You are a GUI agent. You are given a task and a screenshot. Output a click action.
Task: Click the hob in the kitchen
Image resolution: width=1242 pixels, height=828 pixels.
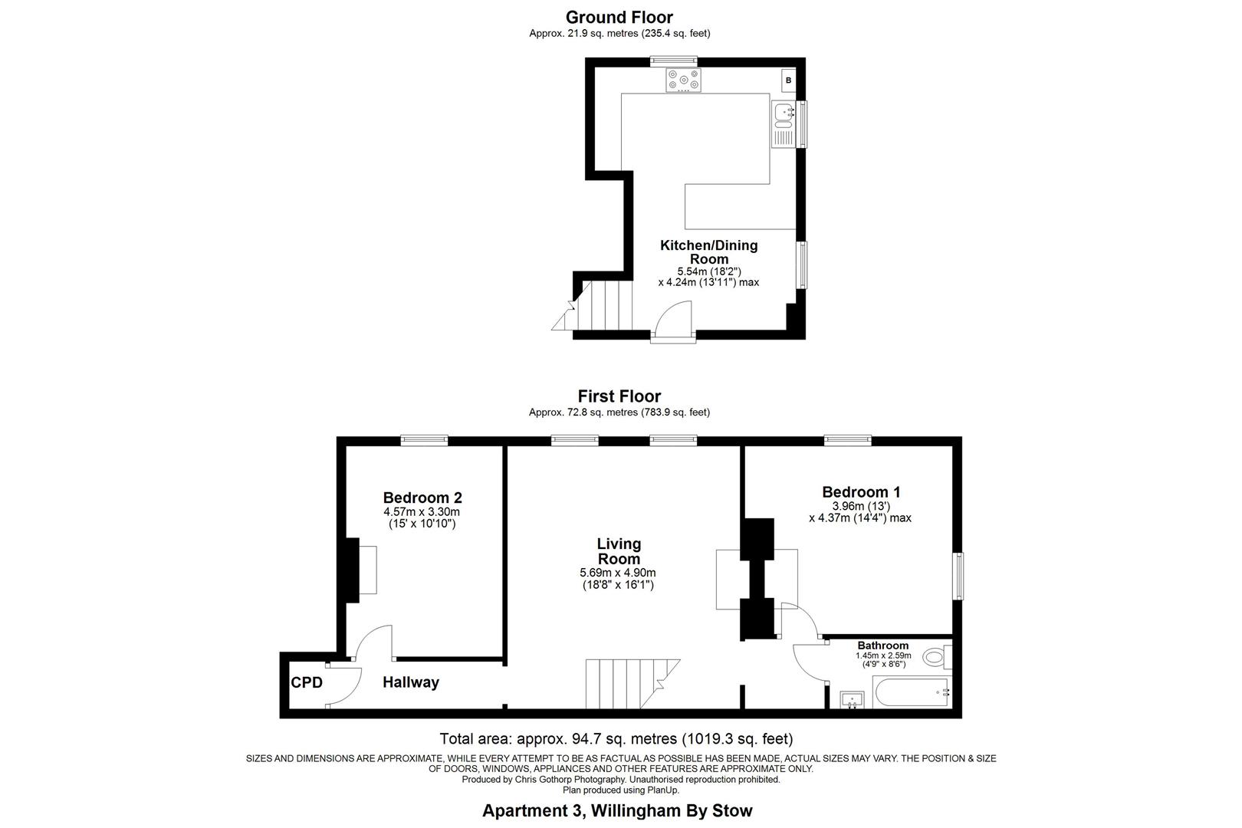tap(682, 80)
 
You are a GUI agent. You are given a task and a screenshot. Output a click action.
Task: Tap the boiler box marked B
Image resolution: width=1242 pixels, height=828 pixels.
tap(788, 80)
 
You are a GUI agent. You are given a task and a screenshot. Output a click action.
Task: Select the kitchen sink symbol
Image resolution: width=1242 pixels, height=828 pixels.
tap(784, 115)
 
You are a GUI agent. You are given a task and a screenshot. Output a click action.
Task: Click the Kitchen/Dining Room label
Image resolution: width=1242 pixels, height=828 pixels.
tap(708, 252)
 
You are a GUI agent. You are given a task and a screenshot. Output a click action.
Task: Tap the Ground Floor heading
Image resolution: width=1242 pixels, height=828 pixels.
tap(619, 18)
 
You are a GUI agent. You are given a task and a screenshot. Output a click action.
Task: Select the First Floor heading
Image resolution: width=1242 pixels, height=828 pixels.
tap(619, 396)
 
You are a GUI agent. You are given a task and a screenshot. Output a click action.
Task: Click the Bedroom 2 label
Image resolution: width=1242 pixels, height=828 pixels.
tap(422, 498)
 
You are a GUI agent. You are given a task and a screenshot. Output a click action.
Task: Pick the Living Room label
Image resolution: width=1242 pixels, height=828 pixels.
tap(619, 551)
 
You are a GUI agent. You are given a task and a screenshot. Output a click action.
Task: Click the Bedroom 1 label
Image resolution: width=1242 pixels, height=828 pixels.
tap(861, 492)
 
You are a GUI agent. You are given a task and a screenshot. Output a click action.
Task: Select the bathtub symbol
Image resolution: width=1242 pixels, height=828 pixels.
tap(912, 692)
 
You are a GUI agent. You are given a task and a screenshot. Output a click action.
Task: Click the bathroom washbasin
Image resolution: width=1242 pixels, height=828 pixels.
tap(852, 699)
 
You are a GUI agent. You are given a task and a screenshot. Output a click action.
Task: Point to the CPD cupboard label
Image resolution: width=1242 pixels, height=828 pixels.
tap(307, 682)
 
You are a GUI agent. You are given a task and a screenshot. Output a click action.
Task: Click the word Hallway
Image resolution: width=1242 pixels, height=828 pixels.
tap(411, 682)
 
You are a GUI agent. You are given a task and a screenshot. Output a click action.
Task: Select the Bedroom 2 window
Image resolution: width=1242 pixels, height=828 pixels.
tap(424, 440)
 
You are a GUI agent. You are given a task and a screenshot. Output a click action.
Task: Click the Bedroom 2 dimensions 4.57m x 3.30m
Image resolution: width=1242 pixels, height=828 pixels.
tap(422, 512)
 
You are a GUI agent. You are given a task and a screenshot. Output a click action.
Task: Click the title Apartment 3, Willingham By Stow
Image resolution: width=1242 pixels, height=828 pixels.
tap(617, 810)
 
